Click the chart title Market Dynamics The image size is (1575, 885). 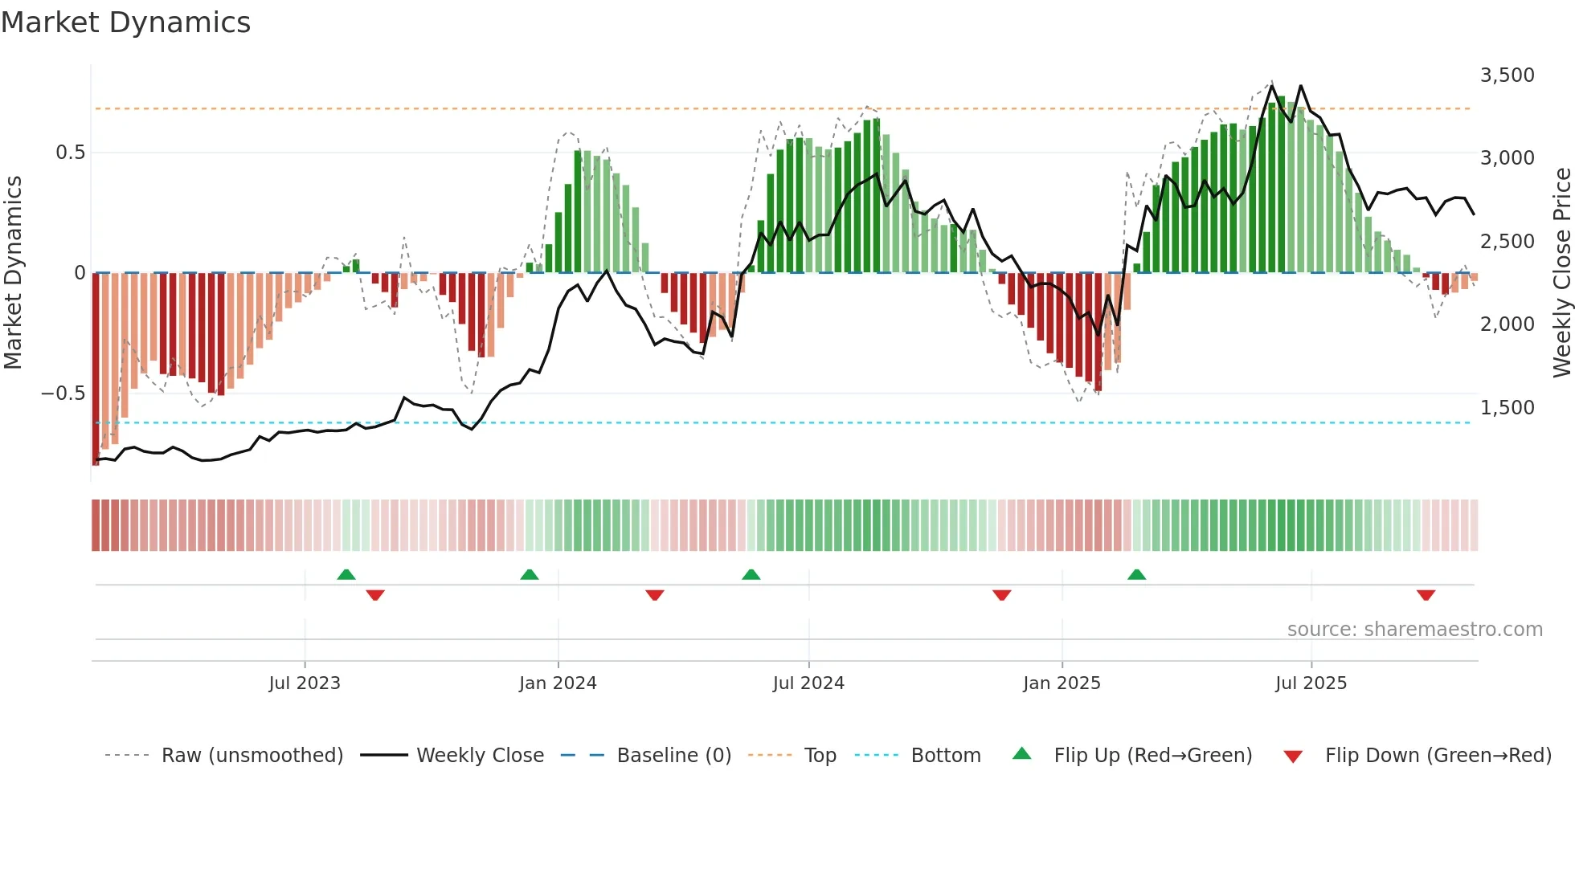pyautogui.click(x=125, y=22)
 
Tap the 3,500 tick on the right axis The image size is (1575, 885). pyautogui.click(x=1507, y=75)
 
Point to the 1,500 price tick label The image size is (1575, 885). pyautogui.click(x=1507, y=408)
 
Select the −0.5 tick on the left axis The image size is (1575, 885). pyautogui.click(x=63, y=394)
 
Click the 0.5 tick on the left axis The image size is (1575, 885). pyautogui.click(x=70, y=153)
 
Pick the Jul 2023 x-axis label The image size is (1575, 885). pyautogui.click(x=305, y=683)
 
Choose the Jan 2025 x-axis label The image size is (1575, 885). pyautogui.click(x=1062, y=683)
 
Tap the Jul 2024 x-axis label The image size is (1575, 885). pyautogui.click(x=808, y=683)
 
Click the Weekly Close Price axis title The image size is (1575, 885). pyautogui.click(x=1561, y=273)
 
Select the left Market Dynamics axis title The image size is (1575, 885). pyautogui.click(x=13, y=273)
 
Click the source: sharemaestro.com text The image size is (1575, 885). pyautogui.click(x=1414, y=630)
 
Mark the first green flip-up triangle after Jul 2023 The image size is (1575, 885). pyautogui.click(x=346, y=574)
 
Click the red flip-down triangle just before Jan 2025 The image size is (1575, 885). pyautogui.click(x=1001, y=595)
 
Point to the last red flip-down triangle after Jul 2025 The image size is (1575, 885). pyautogui.click(x=1426, y=595)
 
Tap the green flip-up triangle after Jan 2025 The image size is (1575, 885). pyautogui.click(x=1136, y=574)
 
